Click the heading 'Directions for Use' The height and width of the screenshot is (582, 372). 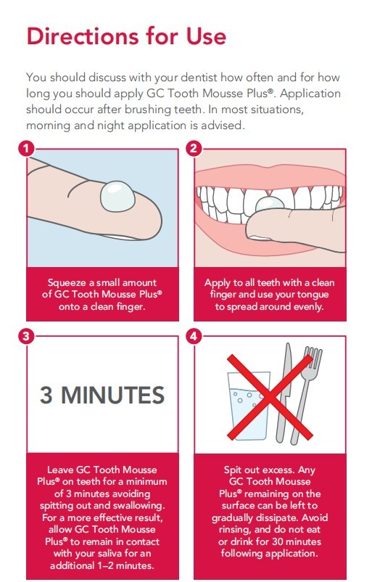(x=126, y=36)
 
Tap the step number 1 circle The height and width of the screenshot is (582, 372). (x=26, y=149)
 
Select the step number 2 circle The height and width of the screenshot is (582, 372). (x=194, y=149)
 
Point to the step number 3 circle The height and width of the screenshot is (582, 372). (x=26, y=337)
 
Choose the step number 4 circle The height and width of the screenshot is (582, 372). (x=194, y=337)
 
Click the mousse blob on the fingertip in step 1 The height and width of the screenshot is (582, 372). (x=116, y=196)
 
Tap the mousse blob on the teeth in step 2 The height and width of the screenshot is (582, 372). (x=270, y=205)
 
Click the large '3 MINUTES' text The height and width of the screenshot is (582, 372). (x=102, y=395)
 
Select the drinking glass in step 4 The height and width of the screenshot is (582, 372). (x=248, y=406)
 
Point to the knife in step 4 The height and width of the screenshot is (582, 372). (x=284, y=393)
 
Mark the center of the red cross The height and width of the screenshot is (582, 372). (x=270, y=397)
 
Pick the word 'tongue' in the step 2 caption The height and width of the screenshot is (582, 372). (x=311, y=295)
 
